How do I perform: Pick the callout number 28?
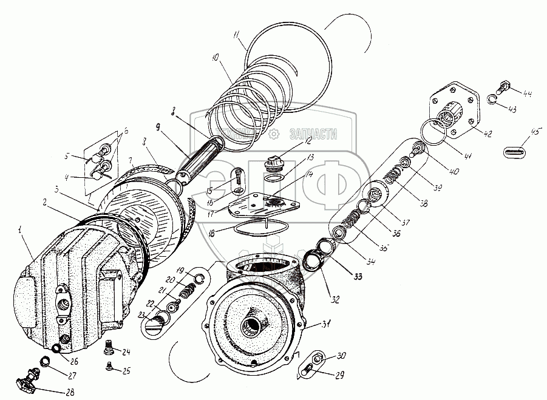[x=70, y=392]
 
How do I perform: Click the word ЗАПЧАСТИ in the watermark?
[x=314, y=135]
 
